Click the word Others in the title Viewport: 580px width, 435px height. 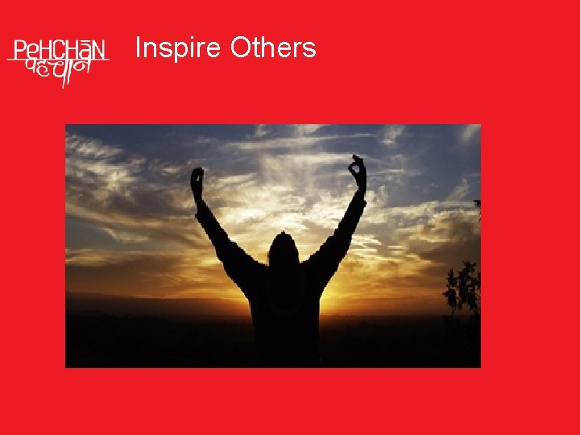pyautogui.click(x=273, y=48)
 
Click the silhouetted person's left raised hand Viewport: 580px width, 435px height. pyautogui.click(x=197, y=181)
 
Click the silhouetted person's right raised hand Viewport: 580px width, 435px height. pyautogui.click(x=357, y=172)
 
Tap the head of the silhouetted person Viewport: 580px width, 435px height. pyautogui.click(x=283, y=251)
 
